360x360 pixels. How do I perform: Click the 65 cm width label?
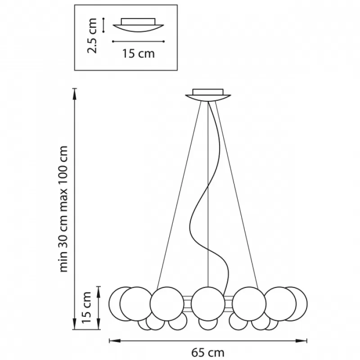tap(207, 352)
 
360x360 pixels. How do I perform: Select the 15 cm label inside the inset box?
tap(139, 54)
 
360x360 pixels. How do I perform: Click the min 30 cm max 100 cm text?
tap(63, 209)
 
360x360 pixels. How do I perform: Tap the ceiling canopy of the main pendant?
tap(208, 95)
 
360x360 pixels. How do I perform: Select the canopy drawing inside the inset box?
tap(138, 25)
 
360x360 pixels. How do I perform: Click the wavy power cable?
tap(209, 198)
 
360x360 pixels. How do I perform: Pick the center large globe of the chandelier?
tap(208, 303)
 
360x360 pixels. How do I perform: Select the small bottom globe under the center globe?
tap(208, 325)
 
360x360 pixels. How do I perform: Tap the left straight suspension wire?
tap(179, 195)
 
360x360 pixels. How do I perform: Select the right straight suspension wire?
tap(237, 195)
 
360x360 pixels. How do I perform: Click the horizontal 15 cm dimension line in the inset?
tap(138, 41)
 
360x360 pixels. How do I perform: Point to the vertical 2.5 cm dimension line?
tap(103, 25)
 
